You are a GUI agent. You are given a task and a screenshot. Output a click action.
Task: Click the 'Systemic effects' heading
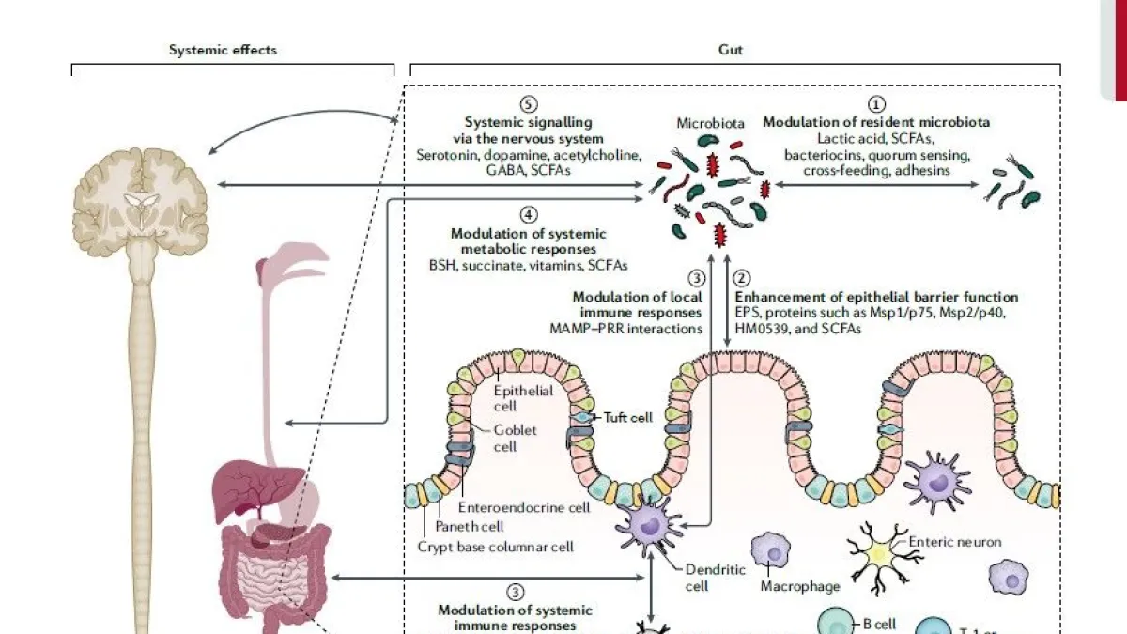223,50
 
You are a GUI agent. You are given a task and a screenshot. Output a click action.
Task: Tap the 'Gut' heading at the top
730,50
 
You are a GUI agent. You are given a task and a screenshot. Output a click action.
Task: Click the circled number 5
529,104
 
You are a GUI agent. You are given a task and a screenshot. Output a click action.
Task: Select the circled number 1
876,104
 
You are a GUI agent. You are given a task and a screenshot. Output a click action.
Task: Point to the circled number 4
529,215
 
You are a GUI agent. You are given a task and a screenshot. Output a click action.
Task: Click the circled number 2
742,278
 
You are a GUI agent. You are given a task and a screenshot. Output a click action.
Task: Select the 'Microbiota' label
710,124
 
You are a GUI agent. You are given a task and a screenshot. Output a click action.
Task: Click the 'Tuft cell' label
628,417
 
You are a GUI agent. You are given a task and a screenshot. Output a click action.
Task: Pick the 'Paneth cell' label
470,527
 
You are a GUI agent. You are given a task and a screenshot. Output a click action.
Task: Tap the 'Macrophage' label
800,587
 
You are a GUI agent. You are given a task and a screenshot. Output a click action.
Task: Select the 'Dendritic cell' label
715,577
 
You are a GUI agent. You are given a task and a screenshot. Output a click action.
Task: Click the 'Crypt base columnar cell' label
495,546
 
